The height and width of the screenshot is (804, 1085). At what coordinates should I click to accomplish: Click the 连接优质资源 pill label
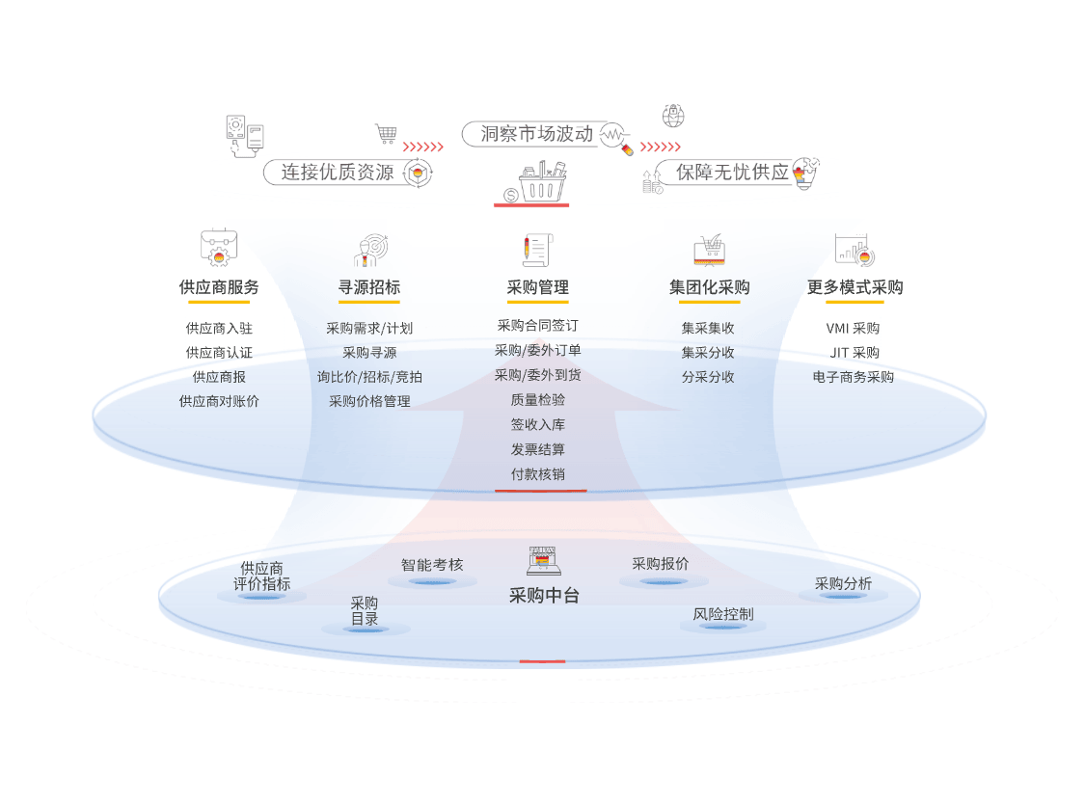[338, 173]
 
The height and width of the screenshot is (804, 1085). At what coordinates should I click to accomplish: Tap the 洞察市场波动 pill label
[536, 134]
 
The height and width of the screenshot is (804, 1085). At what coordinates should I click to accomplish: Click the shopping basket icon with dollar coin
[531, 183]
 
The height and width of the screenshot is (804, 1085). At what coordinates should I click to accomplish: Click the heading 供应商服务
[219, 287]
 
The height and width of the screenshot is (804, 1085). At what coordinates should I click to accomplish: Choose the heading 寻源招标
[368, 287]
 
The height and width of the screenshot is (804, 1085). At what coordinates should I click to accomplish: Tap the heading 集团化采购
[709, 287]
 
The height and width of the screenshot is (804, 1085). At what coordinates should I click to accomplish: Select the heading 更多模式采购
[854, 287]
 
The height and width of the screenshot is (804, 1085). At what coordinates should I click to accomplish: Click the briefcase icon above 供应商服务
[219, 248]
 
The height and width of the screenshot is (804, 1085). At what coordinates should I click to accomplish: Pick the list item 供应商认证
[219, 353]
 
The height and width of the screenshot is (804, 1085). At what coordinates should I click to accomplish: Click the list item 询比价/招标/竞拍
[369, 377]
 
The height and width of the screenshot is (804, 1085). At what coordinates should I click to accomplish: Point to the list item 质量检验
[538, 400]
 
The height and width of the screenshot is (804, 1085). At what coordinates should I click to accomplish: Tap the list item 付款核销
[538, 474]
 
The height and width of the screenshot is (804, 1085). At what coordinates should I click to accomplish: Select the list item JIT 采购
[854, 353]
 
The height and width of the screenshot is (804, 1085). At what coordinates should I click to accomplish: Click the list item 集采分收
[708, 353]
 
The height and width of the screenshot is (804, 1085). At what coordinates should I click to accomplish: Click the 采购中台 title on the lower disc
[544, 596]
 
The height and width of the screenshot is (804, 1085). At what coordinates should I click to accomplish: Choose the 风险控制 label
[722, 614]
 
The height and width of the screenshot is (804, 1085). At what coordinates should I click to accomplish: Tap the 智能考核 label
[432, 565]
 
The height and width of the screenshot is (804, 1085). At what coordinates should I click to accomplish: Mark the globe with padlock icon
[673, 117]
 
